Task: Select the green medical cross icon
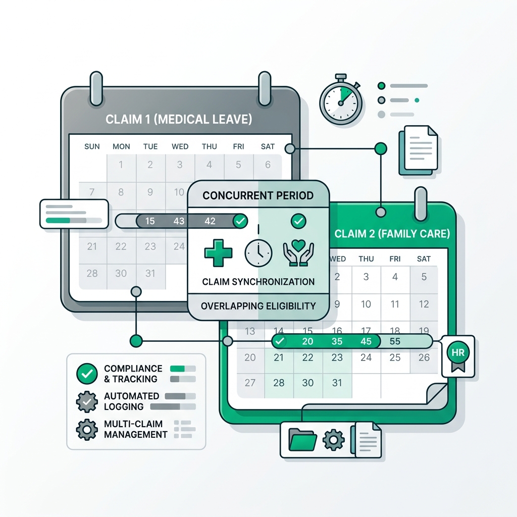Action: pos(218,253)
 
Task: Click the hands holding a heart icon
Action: pos(298,253)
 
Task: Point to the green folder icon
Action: pos(302,440)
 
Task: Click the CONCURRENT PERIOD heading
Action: pos(258,195)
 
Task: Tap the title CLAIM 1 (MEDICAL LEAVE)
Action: pos(179,119)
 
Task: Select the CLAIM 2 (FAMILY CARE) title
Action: pos(392,234)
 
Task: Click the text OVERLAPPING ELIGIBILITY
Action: pos(258,306)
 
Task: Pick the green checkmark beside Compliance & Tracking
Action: pos(87,374)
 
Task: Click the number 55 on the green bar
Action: pos(395,341)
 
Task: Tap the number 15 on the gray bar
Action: pos(150,221)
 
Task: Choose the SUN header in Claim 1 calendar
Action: pos(92,146)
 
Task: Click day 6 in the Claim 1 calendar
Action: pos(268,165)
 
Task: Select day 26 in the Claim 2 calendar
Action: pos(424,357)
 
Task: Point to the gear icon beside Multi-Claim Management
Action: pos(87,429)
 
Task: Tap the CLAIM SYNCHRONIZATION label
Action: pos(258,282)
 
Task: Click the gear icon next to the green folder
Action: pos(334,440)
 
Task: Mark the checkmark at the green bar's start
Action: pos(280,341)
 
